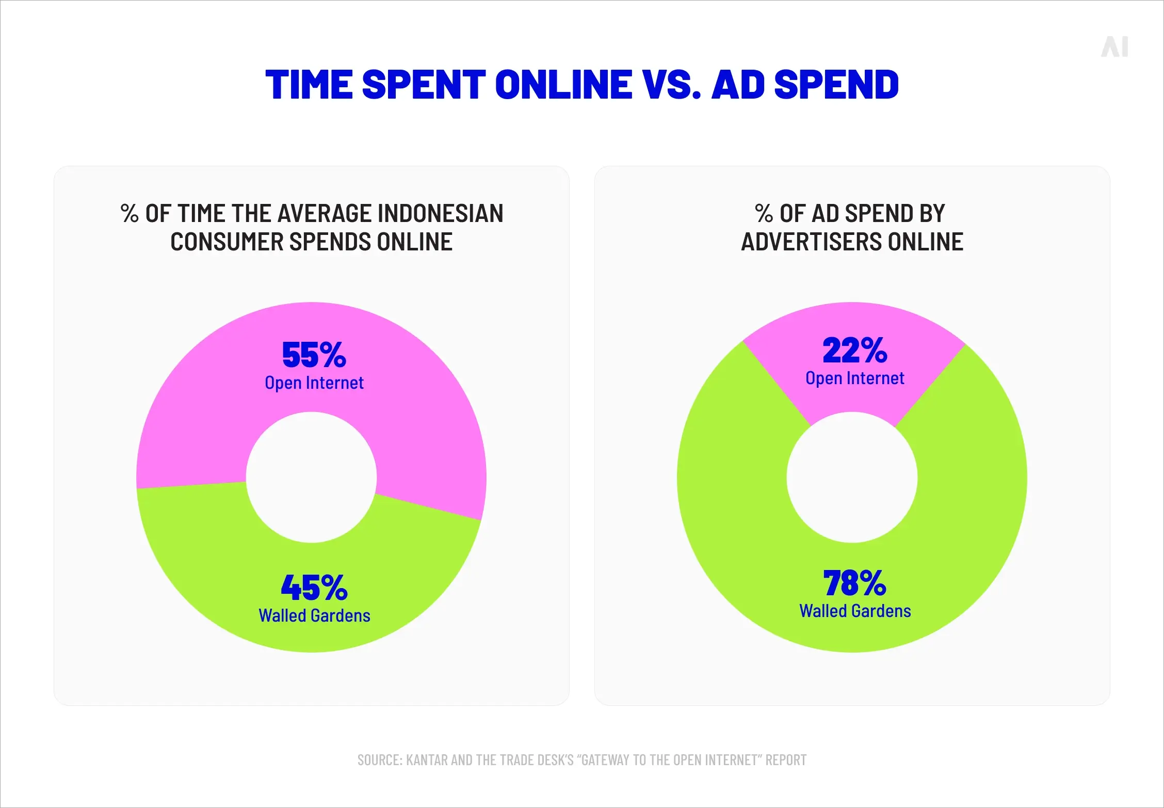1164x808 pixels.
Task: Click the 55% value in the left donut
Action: click(314, 355)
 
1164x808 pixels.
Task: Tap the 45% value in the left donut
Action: click(314, 588)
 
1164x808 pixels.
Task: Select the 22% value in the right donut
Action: click(854, 351)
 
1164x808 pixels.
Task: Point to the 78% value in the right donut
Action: click(854, 583)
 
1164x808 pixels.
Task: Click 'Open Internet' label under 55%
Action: click(314, 383)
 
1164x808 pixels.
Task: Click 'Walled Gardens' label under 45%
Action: click(314, 615)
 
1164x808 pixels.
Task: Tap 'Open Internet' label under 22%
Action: click(854, 378)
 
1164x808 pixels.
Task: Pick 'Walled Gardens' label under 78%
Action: click(855, 611)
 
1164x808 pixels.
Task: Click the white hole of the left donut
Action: click(311, 477)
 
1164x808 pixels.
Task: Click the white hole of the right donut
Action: click(852, 477)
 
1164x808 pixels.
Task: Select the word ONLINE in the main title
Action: click(563, 85)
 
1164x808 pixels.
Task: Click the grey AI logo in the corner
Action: click(1114, 47)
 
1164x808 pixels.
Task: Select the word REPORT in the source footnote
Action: click(786, 760)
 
